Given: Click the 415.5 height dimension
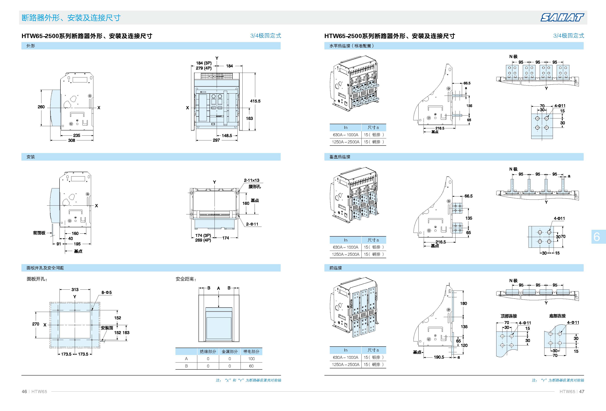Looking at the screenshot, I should (255, 101).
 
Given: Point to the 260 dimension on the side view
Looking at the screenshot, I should (41, 107).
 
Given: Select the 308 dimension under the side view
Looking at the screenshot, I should (71, 140).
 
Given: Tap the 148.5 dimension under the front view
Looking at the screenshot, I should (227, 135).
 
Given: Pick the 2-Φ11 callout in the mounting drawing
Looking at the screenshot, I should (252, 224).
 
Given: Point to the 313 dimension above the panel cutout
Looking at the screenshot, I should (75, 290).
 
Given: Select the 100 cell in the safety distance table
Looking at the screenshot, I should (251, 359).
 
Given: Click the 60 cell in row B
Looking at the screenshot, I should (251, 366).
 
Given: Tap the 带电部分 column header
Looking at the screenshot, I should (251, 352).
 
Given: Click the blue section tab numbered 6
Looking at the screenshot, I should (597, 237).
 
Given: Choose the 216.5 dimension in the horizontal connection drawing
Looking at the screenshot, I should (440, 128).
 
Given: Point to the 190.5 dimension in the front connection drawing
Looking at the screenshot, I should (439, 357).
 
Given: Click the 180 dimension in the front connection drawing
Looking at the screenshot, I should (463, 303).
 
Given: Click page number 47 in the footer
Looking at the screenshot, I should (581, 391).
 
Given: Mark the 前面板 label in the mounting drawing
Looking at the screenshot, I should (39, 233).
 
